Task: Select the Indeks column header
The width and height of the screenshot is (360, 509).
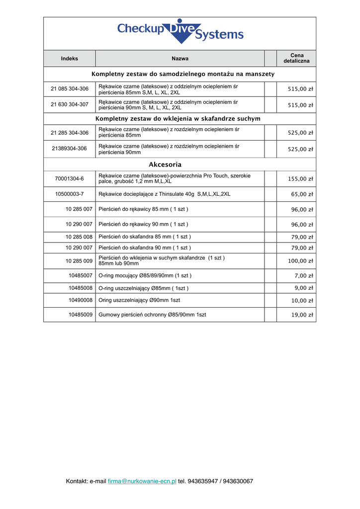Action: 70,59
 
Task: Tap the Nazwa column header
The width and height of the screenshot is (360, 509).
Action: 180,59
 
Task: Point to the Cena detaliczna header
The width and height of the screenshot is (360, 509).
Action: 296,58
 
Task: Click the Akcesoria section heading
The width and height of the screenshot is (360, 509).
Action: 165,165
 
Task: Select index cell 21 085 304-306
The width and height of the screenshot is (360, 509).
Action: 70,89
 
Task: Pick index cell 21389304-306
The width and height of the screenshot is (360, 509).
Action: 70,149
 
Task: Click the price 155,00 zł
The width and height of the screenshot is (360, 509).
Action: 300,179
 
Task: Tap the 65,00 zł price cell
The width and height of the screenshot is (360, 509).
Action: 302,194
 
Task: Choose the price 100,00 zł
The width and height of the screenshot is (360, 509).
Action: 300,261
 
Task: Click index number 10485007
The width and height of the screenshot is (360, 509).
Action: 81,275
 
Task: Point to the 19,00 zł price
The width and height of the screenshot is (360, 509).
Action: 302,315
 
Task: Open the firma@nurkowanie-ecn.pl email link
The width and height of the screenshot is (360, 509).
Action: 142,481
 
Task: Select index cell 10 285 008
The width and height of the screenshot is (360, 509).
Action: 79,237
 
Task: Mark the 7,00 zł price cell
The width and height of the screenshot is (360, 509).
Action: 303,276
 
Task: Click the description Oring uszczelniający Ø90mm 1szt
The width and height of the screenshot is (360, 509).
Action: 140,300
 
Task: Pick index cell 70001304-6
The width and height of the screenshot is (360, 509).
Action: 70,178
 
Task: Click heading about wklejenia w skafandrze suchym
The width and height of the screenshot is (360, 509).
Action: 178,119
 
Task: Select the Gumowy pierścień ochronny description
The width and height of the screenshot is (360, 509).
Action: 152,315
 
